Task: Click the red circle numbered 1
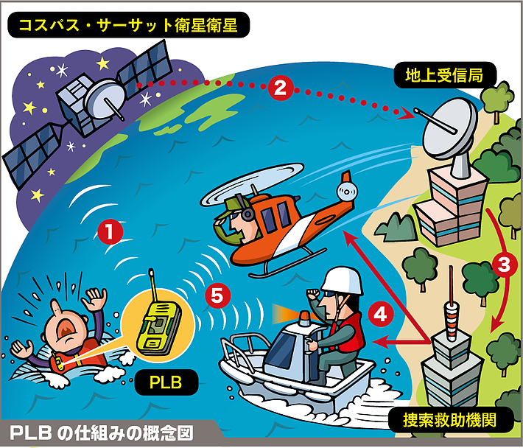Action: click(110, 232)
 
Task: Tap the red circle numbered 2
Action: click(281, 88)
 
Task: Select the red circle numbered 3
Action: click(504, 265)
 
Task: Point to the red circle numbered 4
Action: click(381, 315)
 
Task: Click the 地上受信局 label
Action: click(445, 75)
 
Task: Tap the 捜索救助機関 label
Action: click(450, 420)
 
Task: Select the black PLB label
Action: click(166, 382)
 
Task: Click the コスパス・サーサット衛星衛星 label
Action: click(128, 25)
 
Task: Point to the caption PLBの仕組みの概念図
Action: click(102, 433)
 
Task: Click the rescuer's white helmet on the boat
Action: click(343, 282)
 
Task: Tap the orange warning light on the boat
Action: click(304, 318)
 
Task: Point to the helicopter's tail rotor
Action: click(347, 192)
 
